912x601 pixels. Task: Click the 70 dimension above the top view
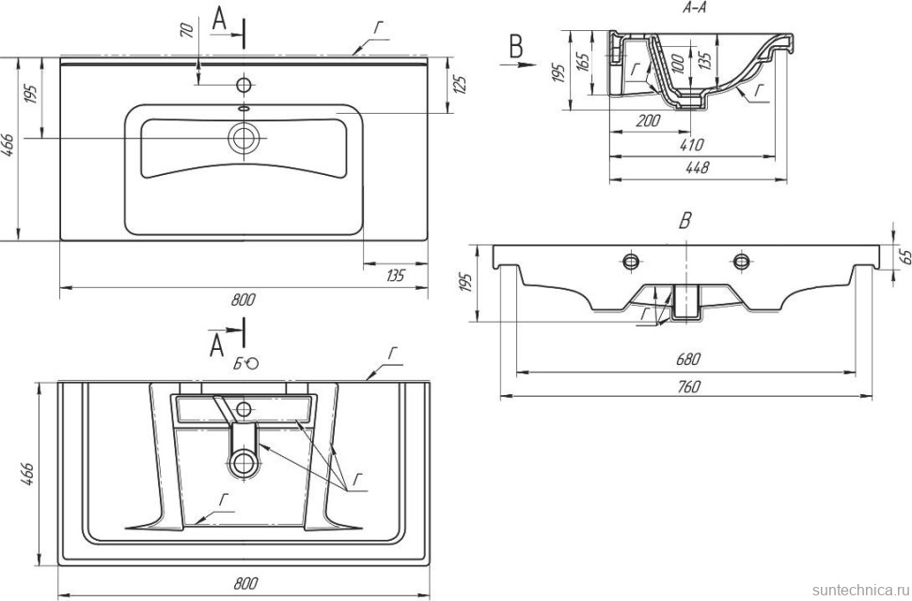187,30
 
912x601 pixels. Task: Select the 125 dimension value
460,85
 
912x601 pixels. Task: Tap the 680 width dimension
687,358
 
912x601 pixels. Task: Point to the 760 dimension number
687,386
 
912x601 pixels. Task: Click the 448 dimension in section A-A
697,167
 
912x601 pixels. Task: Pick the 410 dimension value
691,144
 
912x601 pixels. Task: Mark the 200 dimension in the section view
649,120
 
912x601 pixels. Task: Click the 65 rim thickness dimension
904,257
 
